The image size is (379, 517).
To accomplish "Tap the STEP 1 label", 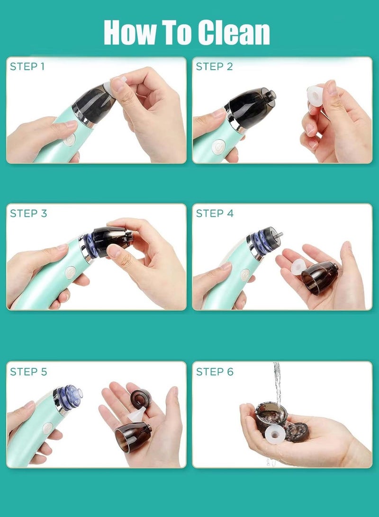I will (x=27, y=66).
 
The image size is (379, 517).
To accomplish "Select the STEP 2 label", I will (x=214, y=66).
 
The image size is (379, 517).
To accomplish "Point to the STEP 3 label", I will (x=28, y=214).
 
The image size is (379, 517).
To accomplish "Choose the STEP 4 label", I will (x=215, y=214).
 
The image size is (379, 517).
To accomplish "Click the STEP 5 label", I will (x=28, y=372).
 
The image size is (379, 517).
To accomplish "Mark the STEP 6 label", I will (x=215, y=372).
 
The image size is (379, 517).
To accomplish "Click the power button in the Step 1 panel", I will (x=70, y=139).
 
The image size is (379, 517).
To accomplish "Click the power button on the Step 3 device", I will (x=70, y=272).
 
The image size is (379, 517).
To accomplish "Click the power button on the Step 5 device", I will (x=48, y=428).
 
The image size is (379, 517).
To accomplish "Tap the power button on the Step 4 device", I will (x=245, y=274).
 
